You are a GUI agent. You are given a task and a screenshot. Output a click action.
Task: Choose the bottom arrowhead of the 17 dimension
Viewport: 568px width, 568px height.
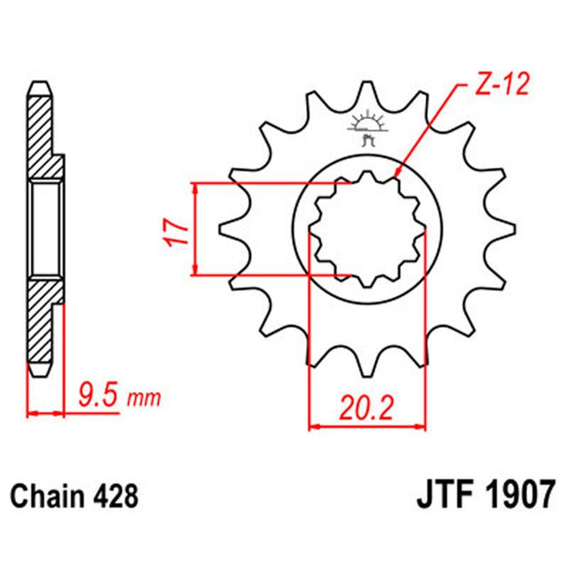[x=196, y=270]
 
